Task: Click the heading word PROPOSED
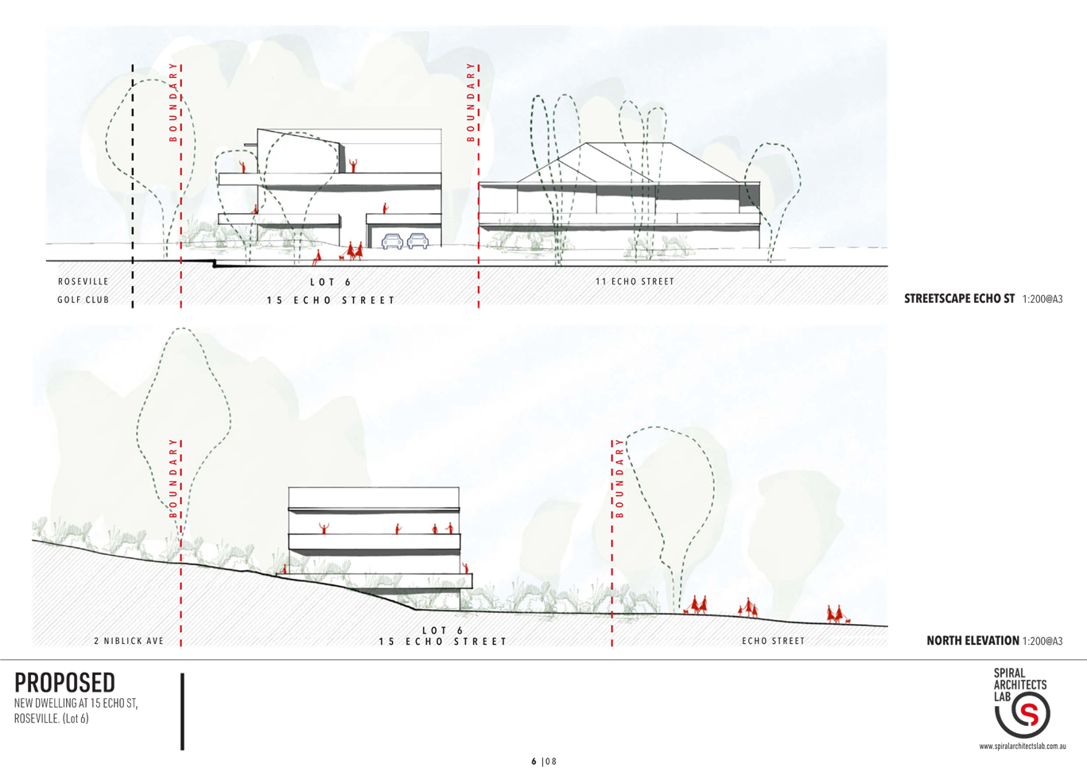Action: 64,683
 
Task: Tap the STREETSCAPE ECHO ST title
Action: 959,299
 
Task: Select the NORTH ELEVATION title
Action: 972,641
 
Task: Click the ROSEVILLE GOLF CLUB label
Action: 83,290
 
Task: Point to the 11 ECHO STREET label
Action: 635,281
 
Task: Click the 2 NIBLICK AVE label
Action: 129,641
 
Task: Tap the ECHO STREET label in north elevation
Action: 773,641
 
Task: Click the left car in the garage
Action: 392,241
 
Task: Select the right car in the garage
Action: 417,241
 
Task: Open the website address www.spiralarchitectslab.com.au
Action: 1023,747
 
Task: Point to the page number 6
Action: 534,761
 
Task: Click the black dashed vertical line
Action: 133,186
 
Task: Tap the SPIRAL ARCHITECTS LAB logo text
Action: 1020,685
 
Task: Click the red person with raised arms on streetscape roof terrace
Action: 353,165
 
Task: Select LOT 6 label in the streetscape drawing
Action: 331,282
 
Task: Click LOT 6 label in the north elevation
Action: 443,630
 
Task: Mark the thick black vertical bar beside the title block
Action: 182,712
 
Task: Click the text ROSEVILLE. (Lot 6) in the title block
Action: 52,719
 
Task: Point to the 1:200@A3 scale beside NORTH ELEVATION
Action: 1042,641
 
